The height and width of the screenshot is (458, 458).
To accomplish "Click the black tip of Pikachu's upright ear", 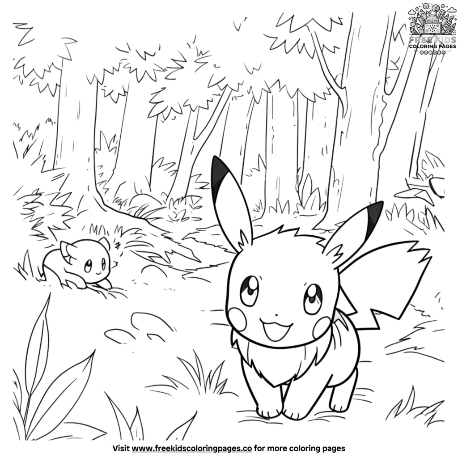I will point(218,177).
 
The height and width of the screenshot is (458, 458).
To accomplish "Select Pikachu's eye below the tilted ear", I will point(313,297).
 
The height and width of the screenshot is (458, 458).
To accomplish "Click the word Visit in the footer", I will point(122,447).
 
